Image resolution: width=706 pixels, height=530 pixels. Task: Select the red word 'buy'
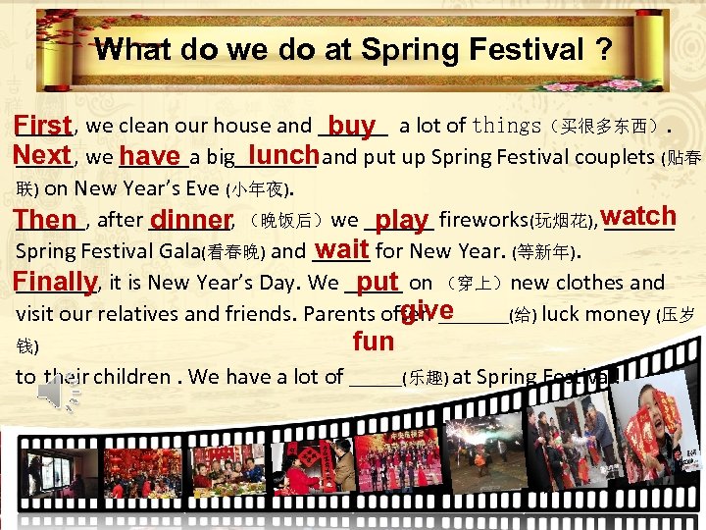click(352, 126)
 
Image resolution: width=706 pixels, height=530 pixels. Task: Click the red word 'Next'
click(43, 155)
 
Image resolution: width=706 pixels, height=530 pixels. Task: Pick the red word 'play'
click(402, 219)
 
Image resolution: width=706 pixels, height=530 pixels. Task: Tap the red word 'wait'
click(342, 248)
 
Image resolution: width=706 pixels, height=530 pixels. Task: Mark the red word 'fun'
click(373, 342)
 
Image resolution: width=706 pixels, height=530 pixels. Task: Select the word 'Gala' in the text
click(177, 250)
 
